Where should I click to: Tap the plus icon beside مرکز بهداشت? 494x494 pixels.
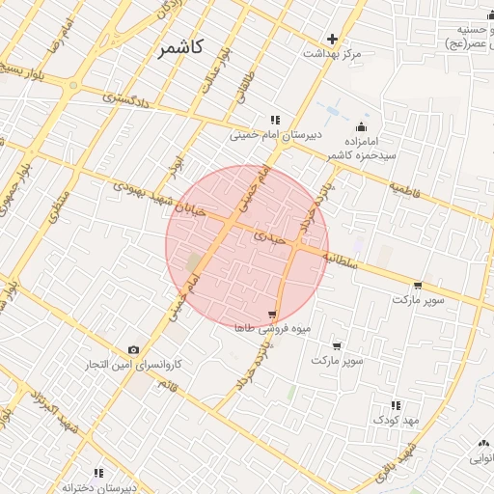333,40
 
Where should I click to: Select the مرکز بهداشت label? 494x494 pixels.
333,54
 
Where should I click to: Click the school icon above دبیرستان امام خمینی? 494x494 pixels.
275,121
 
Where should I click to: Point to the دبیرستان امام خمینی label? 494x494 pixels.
268,136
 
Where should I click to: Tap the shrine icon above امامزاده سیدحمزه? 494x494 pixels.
362,126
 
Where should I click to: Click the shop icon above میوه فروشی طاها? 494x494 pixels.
274,315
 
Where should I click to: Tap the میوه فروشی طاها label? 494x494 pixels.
273,329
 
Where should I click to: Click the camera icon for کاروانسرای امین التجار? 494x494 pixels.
133,349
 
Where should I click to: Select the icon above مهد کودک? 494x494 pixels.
397,405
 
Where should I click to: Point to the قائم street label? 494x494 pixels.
171,387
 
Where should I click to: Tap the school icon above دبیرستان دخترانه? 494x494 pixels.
98,474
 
